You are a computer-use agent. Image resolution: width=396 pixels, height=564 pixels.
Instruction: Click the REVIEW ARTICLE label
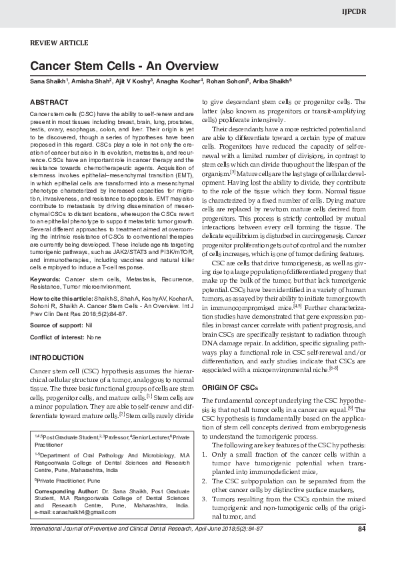pyautogui.click(x=59, y=43)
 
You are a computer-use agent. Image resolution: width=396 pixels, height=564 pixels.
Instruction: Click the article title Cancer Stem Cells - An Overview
pyautogui.click(x=124, y=66)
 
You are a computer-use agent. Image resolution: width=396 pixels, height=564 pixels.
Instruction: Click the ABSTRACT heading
pyautogui.click(x=49, y=102)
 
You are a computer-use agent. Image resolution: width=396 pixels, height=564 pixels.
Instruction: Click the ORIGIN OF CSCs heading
pyautogui.click(x=228, y=387)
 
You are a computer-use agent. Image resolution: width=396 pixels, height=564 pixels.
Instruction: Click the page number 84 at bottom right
pyautogui.click(x=362, y=548)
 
